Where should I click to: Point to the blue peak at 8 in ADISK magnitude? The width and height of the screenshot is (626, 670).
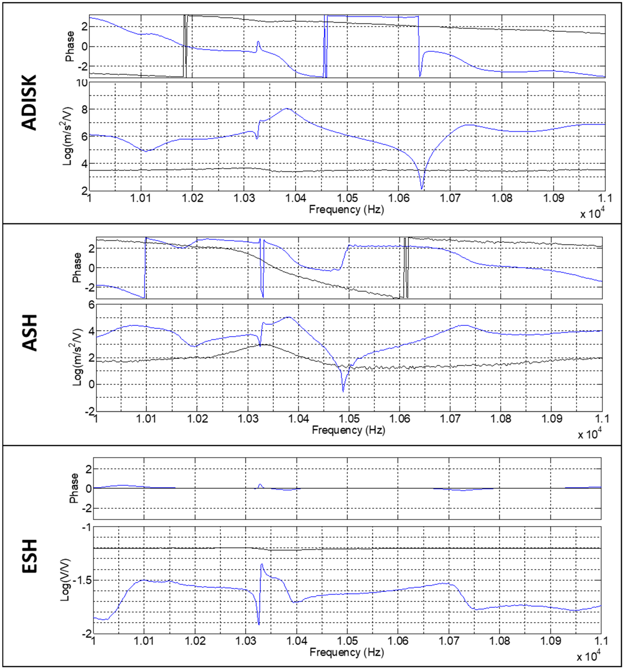[x=287, y=109]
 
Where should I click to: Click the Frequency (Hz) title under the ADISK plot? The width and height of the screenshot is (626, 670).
[x=346, y=210]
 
